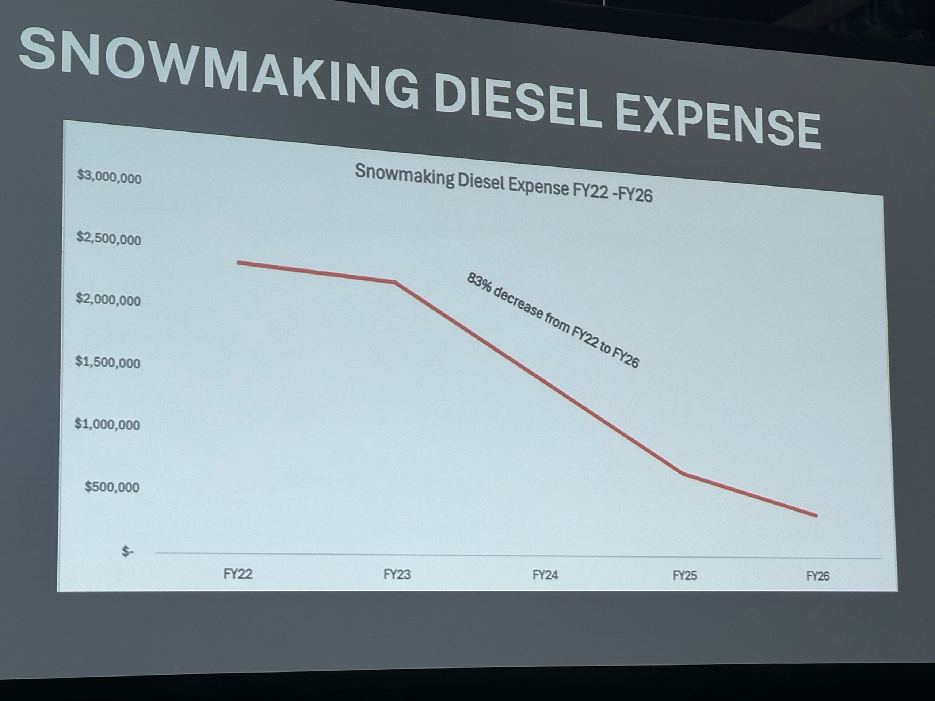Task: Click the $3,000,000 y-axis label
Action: click(x=108, y=177)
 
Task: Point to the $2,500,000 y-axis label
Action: click(x=108, y=239)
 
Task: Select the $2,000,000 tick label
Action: click(x=108, y=300)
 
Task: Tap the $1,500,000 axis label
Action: click(x=107, y=362)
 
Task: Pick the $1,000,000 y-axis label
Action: click(x=107, y=424)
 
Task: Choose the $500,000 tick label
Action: click(x=112, y=487)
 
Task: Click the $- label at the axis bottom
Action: click(x=127, y=551)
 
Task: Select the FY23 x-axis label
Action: click(x=397, y=575)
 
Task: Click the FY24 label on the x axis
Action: click(x=545, y=575)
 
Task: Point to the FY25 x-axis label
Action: click(x=684, y=575)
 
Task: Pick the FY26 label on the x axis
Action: click(x=817, y=576)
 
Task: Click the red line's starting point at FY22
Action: click(x=239, y=263)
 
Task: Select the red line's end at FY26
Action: click(x=816, y=516)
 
